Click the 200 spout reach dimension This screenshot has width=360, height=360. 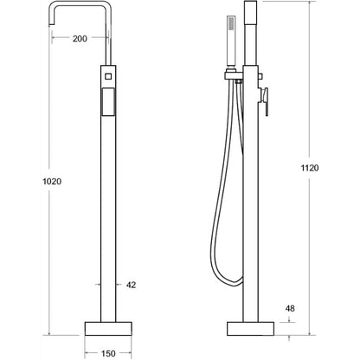80,38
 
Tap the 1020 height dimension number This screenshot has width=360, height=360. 52,182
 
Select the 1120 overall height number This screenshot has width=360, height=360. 310,168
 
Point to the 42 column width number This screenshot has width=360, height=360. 131,285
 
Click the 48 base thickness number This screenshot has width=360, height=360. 290,308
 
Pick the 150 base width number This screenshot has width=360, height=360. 108,353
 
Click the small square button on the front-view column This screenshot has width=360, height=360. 108,76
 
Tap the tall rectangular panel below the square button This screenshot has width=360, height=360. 108,102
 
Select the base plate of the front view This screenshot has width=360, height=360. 108,329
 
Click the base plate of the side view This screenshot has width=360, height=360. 250,329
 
